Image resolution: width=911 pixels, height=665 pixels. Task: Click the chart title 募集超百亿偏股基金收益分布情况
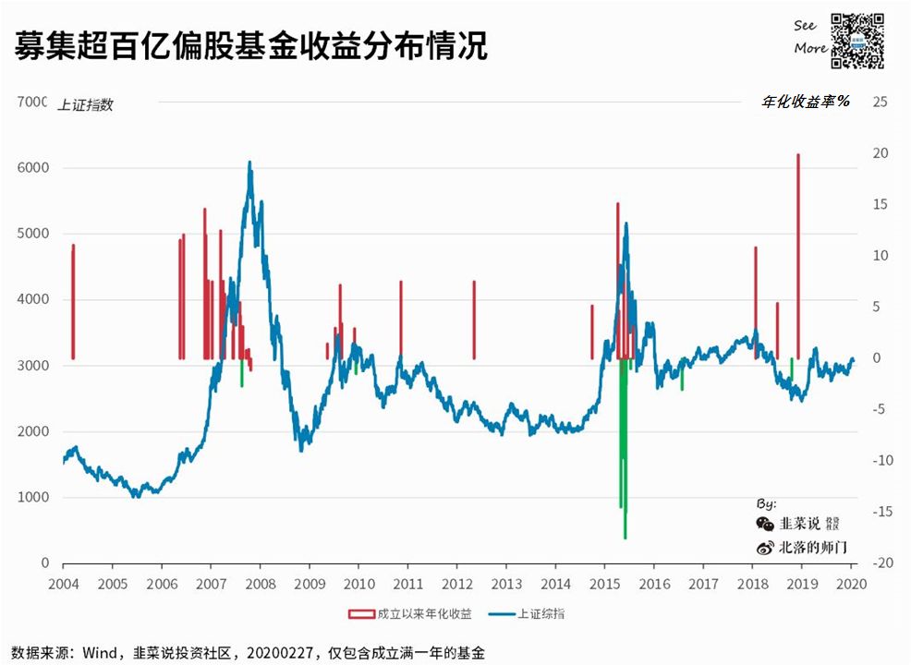pyautogui.click(x=251, y=45)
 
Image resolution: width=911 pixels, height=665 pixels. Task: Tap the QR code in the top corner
pyautogui.click(x=857, y=41)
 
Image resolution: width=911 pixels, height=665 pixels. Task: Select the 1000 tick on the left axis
pyautogui.click(x=35, y=498)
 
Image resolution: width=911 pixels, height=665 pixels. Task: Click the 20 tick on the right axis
pyautogui.click(x=880, y=153)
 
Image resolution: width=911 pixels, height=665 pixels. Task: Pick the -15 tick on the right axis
pyautogui.click(x=878, y=512)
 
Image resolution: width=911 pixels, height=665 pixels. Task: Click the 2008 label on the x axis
pyautogui.click(x=260, y=584)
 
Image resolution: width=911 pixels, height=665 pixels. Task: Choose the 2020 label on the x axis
pyautogui.click(x=850, y=584)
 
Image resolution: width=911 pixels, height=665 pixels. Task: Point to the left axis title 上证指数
pyautogui.click(x=85, y=104)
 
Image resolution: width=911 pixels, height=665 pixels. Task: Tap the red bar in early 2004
pyautogui.click(x=73, y=300)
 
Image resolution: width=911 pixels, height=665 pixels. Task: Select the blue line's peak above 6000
pyautogui.click(x=249, y=163)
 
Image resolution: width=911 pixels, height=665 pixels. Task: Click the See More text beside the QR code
pyautogui.click(x=810, y=38)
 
